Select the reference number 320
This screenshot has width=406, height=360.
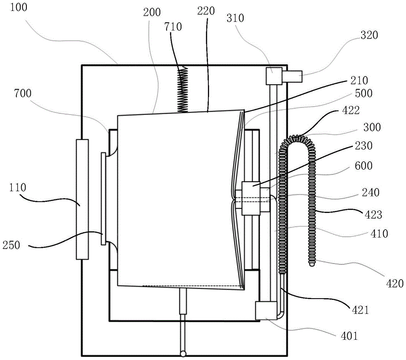click(x=368, y=35)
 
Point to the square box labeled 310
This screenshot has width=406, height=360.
click(x=273, y=76)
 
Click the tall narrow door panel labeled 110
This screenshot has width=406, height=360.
click(x=82, y=199)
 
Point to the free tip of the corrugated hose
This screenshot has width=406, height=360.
click(x=312, y=264)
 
